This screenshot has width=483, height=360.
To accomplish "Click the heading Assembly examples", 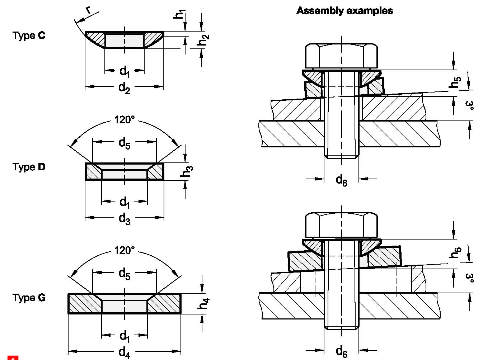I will (344, 11).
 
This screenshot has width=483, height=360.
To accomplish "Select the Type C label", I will (29, 35).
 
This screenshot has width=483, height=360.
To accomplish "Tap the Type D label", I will (29, 167).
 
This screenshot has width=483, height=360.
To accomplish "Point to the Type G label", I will (29, 298).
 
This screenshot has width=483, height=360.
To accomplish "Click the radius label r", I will (88, 10).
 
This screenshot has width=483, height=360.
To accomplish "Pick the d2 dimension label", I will (124, 87).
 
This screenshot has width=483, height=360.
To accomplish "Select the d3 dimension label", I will (124, 218).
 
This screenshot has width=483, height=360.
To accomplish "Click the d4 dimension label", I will (124, 352).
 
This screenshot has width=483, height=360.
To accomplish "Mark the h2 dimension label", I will (203, 40).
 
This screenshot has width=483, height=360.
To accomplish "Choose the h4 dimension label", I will (203, 303).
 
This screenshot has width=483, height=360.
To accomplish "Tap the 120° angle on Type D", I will (124, 119).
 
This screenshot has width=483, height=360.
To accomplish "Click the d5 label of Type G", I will (124, 274).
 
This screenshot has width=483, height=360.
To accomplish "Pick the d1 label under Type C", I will (124, 71).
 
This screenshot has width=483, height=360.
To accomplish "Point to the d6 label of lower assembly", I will (341, 351).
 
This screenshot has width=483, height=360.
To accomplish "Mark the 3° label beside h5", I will (469, 105).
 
